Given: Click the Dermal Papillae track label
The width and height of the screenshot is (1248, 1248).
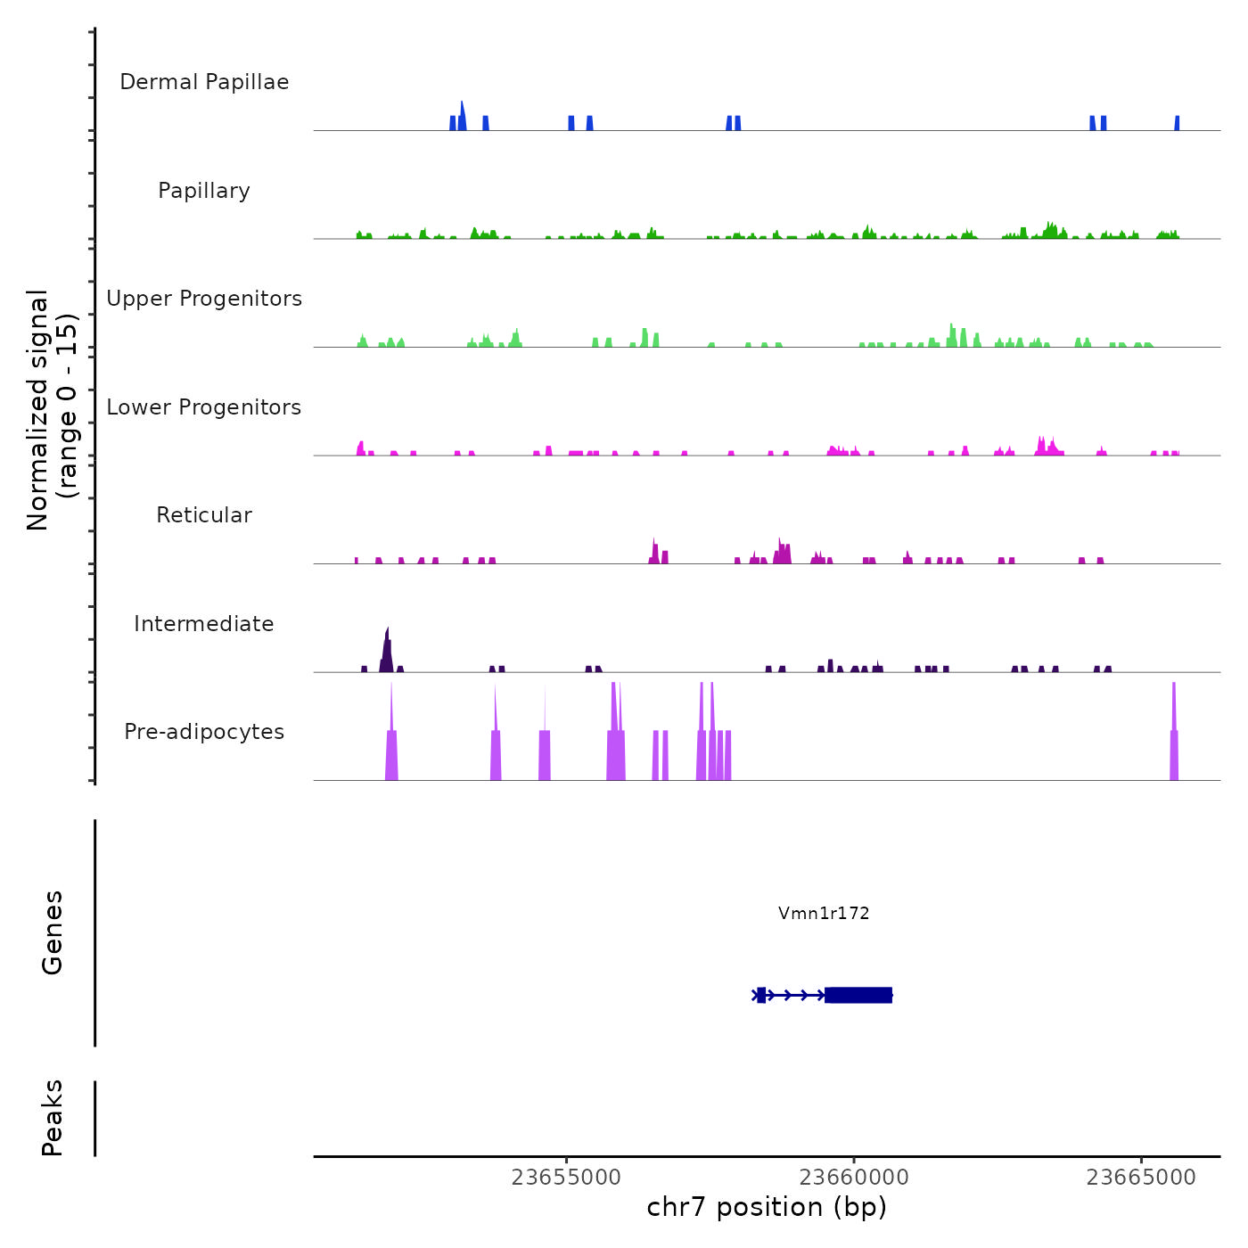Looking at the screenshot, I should tap(204, 82).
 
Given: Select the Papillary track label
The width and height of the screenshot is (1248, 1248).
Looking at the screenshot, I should tap(204, 191).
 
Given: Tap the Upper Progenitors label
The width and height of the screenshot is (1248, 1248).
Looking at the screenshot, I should tap(204, 299).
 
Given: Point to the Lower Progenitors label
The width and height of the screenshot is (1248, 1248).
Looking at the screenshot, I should tap(204, 407).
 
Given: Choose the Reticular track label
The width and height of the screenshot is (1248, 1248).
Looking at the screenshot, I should tap(204, 515).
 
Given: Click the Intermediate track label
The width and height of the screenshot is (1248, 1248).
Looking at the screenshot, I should tap(204, 624).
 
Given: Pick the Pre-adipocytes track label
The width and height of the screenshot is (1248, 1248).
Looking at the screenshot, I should tap(204, 732).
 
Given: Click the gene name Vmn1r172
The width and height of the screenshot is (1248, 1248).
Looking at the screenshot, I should tap(824, 913).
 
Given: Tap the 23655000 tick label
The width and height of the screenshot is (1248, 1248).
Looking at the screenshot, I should tap(566, 1178).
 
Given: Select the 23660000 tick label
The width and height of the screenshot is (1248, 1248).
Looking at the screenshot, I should tap(854, 1178).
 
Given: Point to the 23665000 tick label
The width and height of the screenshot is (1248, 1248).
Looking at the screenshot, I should tap(1141, 1178).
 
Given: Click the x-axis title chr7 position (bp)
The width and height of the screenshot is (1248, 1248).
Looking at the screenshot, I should tap(767, 1207).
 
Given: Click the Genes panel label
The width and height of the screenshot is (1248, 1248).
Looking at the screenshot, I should tap(53, 932).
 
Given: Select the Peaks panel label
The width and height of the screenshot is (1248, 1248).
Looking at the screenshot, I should tap(53, 1118).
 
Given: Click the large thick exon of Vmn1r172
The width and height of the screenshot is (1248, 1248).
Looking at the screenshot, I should tap(858, 995).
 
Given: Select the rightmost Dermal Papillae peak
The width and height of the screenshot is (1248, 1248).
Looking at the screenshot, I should tap(1177, 123).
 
